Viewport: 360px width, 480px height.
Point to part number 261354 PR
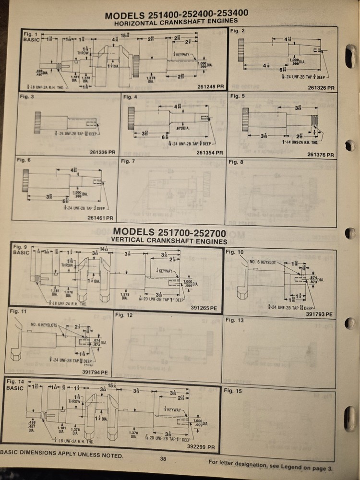click(210, 153)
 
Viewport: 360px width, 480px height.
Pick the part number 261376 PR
click(320, 155)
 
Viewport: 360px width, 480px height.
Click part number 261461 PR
click(100, 218)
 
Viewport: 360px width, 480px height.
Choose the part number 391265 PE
click(204, 308)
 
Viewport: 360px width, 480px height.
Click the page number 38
click(163, 459)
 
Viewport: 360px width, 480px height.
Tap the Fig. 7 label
click(127, 161)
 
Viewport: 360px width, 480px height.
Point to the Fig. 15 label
click(233, 391)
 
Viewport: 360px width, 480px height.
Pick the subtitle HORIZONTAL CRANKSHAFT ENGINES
click(176, 22)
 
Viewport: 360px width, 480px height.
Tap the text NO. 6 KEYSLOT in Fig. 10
click(263, 262)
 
